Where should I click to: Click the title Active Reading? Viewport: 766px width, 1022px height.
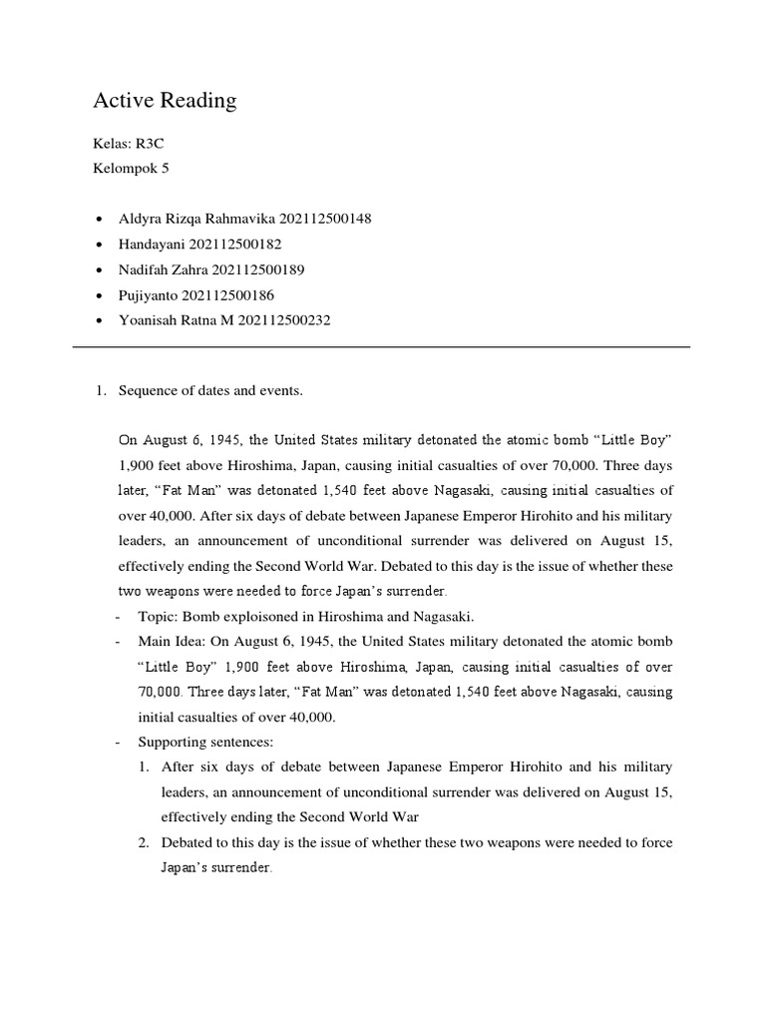pyautogui.click(x=165, y=100)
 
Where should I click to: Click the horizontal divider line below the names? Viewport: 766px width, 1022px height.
pyautogui.click(x=382, y=347)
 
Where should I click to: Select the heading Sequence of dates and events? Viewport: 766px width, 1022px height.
pyautogui.click(x=209, y=391)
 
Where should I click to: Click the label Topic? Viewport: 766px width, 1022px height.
pyautogui.click(x=158, y=617)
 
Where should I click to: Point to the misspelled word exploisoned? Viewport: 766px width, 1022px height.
pyautogui.click(x=262, y=617)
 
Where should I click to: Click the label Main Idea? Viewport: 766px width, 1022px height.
pyautogui.click(x=171, y=641)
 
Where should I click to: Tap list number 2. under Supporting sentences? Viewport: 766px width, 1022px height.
pyautogui.click(x=145, y=843)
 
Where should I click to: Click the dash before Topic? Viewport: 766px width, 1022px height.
pyautogui.click(x=120, y=617)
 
